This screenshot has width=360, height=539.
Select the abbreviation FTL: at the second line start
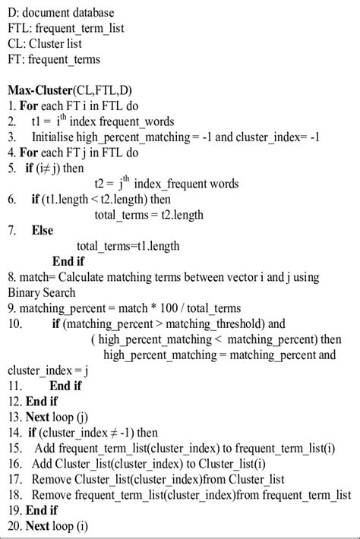coord(21,28)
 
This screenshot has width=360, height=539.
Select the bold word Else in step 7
coord(43,230)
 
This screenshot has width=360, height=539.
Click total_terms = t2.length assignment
coord(149,215)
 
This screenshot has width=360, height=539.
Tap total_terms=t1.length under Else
coord(128,246)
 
